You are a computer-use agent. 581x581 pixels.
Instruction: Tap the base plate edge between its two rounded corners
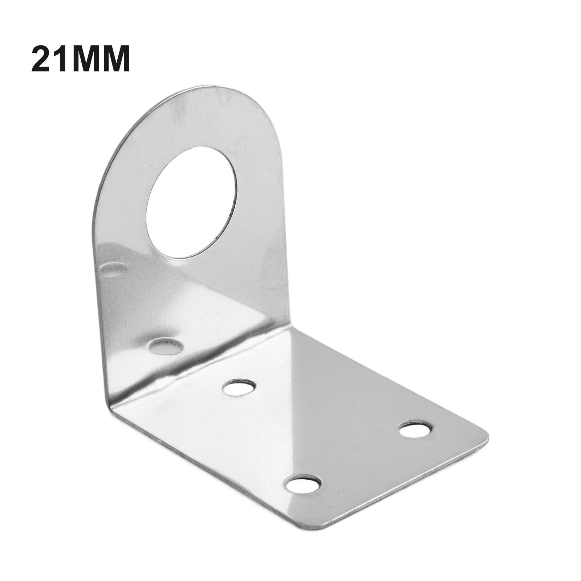coord(410,481)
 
